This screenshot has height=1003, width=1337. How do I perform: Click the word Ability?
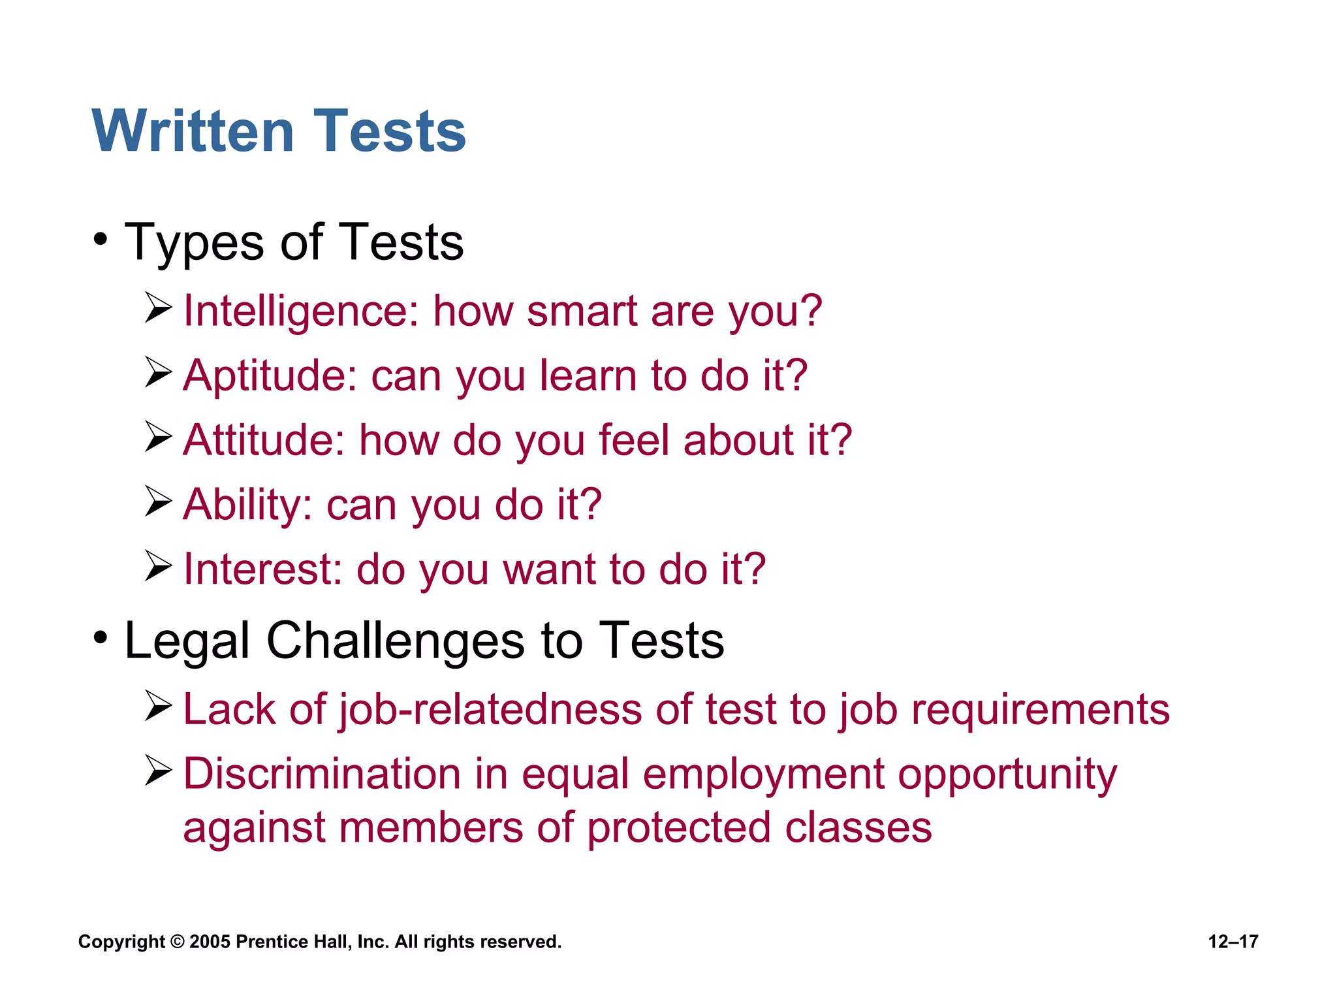click(247, 505)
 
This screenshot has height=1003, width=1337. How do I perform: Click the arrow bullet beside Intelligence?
click(158, 308)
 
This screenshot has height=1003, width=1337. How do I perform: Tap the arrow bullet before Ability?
click(158, 501)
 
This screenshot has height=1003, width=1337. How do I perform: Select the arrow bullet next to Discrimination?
click(158, 771)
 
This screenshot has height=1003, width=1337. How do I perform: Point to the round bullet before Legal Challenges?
click(100, 637)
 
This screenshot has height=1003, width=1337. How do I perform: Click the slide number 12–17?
click(1233, 942)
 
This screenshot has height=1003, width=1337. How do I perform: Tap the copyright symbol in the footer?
click(177, 942)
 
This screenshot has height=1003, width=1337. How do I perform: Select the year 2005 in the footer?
click(210, 942)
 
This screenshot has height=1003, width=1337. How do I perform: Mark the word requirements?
click(1040, 710)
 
